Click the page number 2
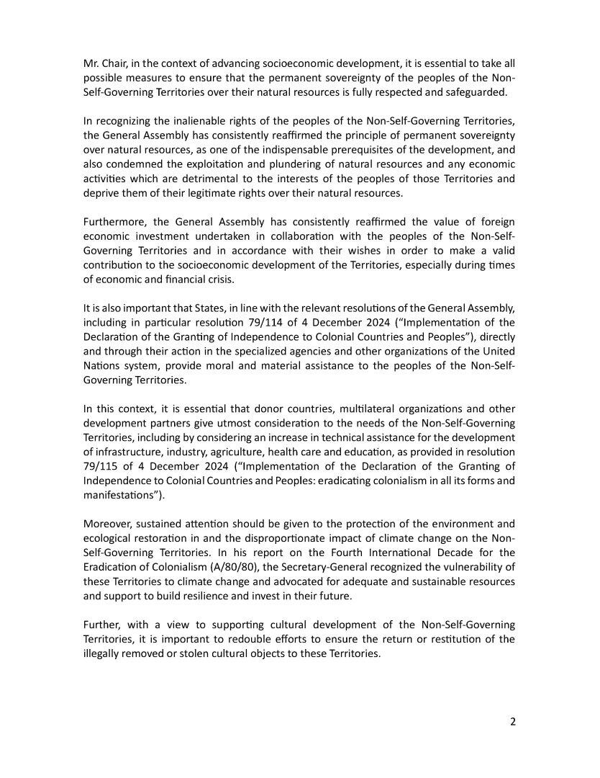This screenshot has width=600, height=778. pos(512,723)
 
